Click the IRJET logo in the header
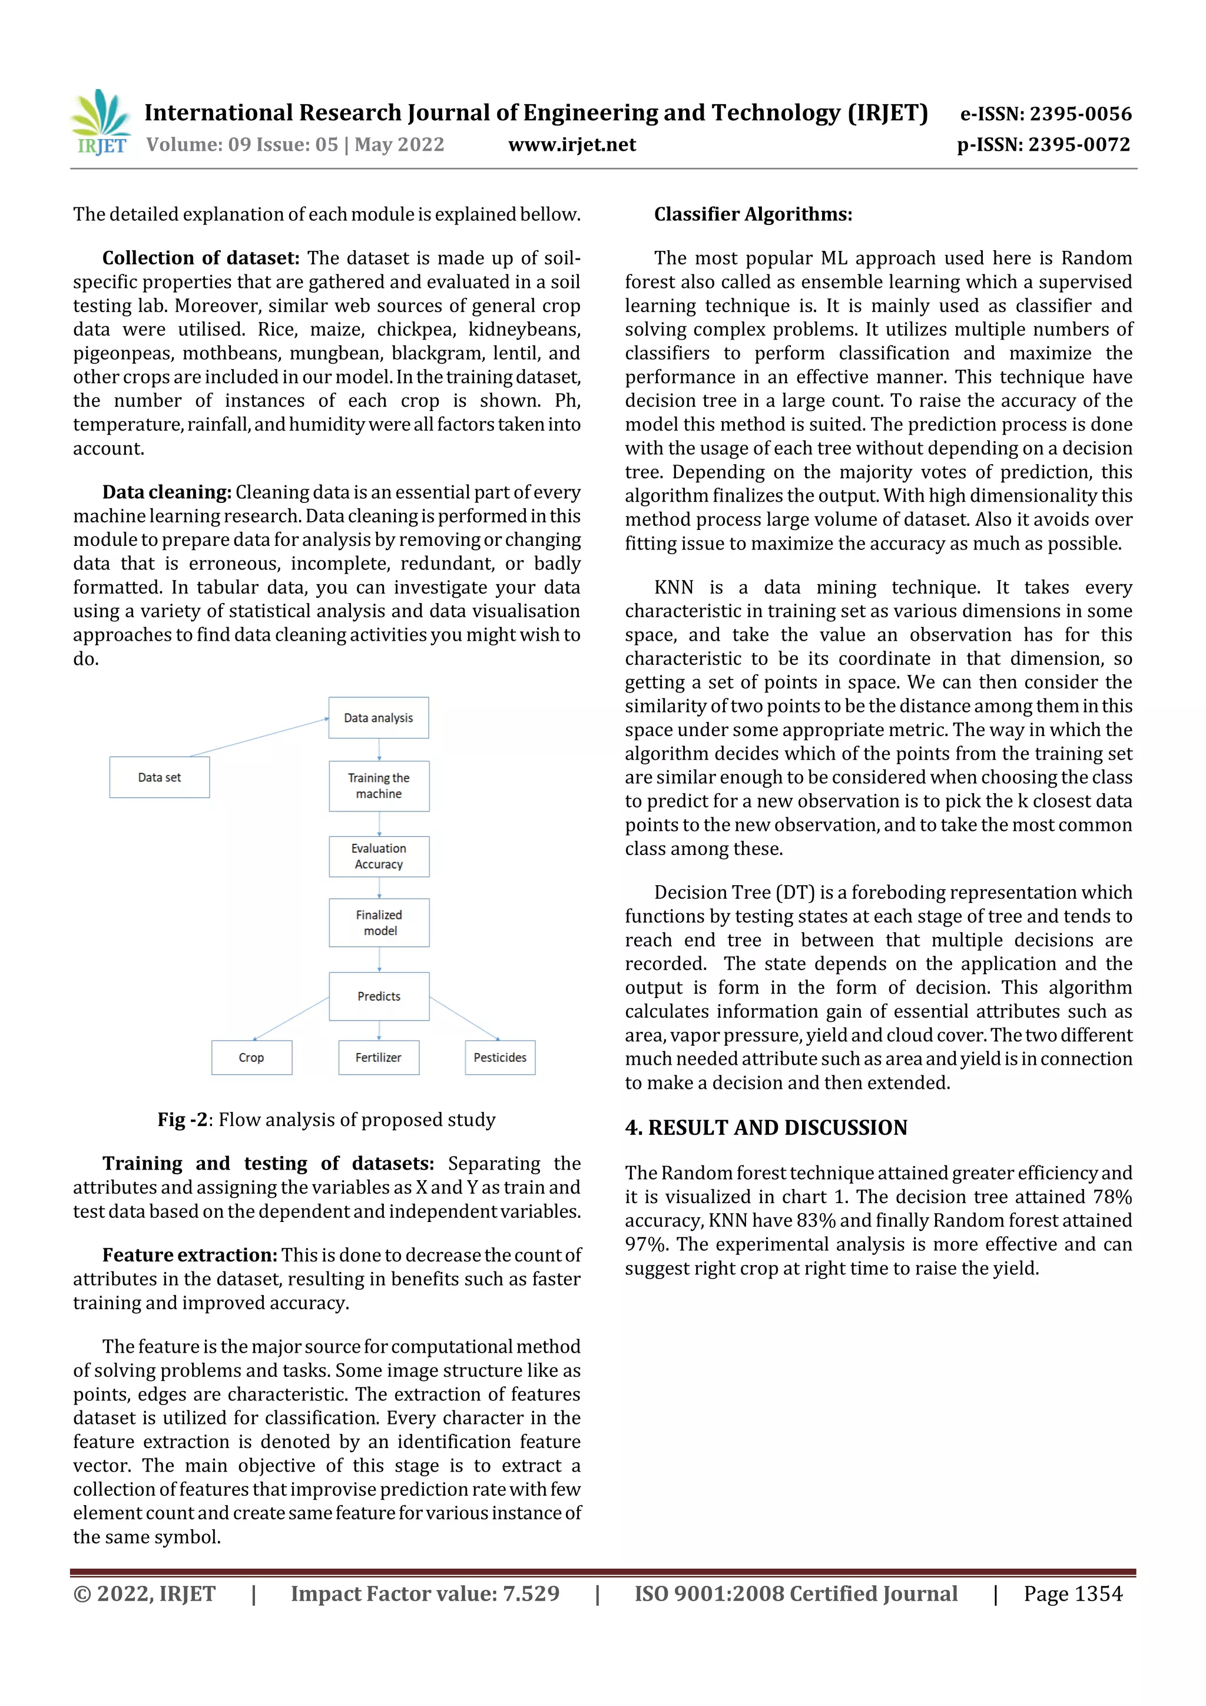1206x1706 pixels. coord(101,122)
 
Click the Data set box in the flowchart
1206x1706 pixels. coord(159,777)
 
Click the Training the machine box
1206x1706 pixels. coord(379,786)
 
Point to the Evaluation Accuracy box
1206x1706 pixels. coord(379,856)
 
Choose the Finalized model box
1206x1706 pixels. coord(379,923)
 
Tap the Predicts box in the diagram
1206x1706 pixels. coord(379,996)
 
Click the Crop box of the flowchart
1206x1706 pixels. coord(251,1057)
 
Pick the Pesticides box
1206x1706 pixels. coord(499,1057)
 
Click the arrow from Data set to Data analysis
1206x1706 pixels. coord(259,737)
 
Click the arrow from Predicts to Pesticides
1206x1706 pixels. coord(465,1018)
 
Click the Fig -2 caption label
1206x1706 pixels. coord(181,1119)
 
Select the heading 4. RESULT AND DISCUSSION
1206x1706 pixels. coord(766,1128)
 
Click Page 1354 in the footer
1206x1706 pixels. coord(1072,1594)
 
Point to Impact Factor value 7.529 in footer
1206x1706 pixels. coord(425,1594)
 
